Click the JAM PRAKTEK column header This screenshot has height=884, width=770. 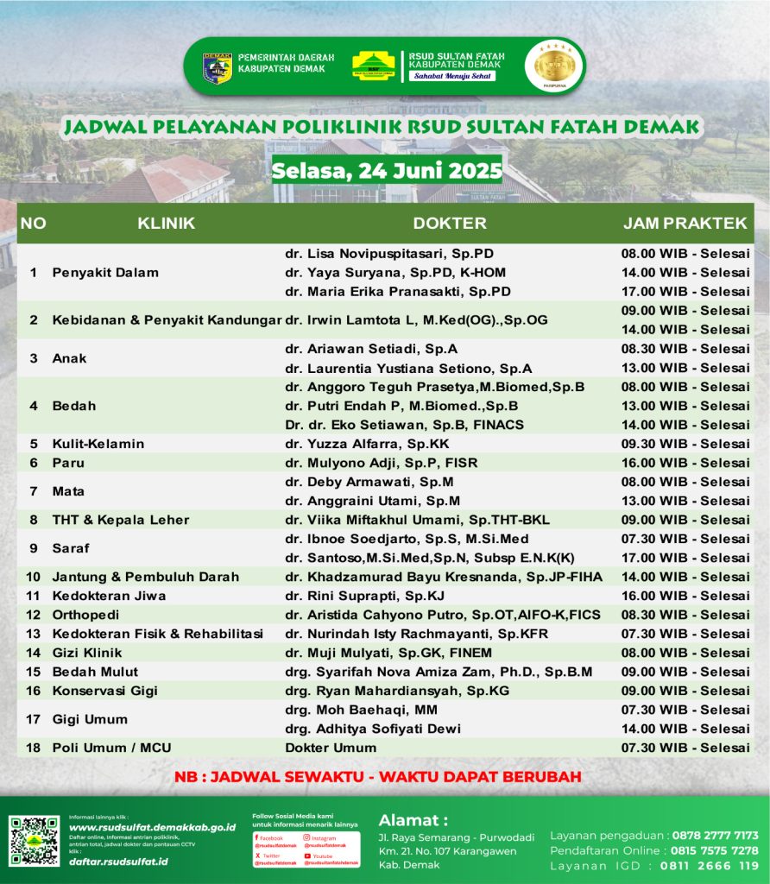point(685,224)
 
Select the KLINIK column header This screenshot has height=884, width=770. point(166,224)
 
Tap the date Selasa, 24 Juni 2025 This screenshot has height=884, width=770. point(387,170)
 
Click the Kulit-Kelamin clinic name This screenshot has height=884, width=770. point(98,444)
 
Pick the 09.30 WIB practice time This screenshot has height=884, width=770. point(685,444)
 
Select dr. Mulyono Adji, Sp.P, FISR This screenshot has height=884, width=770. point(381,463)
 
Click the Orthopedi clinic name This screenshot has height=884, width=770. point(85,615)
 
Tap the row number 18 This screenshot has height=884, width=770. point(34,748)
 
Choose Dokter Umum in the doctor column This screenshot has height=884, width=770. point(331,748)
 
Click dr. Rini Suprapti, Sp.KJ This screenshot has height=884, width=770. point(371,596)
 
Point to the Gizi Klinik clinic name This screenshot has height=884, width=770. point(87,653)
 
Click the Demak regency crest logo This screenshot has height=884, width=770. point(217,67)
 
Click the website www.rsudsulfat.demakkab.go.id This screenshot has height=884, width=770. point(152,827)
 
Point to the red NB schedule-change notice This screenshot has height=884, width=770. point(377,776)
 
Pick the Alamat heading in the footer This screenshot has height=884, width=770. point(413,819)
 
